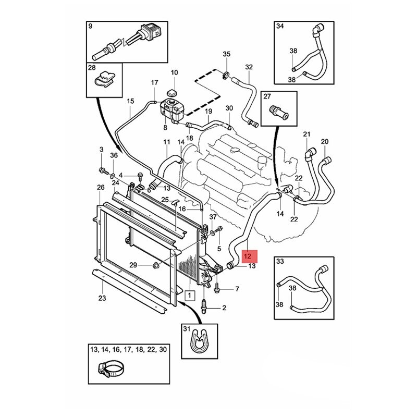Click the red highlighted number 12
249,256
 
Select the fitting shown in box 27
276,111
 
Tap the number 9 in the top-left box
90,26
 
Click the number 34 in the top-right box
280,26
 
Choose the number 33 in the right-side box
280,261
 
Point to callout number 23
102,298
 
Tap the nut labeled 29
156,266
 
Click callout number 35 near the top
226,54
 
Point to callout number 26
101,187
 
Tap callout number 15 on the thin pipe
130,101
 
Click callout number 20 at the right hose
325,142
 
